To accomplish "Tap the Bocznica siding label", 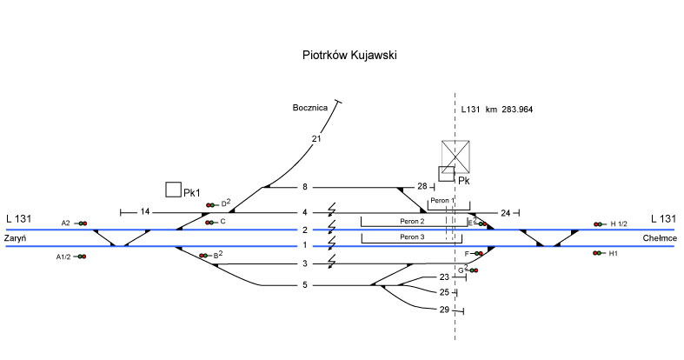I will [309, 108].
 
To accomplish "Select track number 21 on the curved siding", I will [315, 138].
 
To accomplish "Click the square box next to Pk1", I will [173, 190].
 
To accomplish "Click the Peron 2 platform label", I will [412, 222].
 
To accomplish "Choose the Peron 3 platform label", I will [412, 237].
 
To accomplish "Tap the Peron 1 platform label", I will [442, 201].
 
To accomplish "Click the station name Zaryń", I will [18, 237].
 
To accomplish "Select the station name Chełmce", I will [659, 237].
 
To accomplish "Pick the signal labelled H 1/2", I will [599, 223].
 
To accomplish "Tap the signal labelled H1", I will [598, 253].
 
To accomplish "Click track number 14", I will [144, 211].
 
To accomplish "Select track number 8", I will [305, 187].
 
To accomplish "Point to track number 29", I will [445, 310].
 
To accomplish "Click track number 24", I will [506, 212].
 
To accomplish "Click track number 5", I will [305, 284].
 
